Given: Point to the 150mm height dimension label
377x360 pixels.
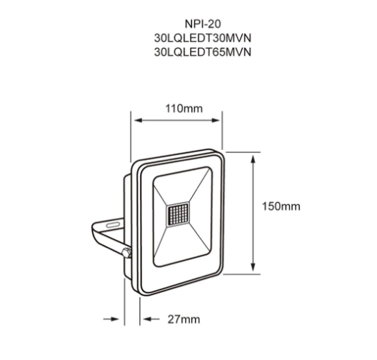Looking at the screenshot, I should coord(282,206).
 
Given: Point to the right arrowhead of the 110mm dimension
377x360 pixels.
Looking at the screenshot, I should coord(220,121).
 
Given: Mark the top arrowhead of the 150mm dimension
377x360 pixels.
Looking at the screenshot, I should coord(252,158).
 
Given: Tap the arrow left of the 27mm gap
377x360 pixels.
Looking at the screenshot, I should coord(115,319).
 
